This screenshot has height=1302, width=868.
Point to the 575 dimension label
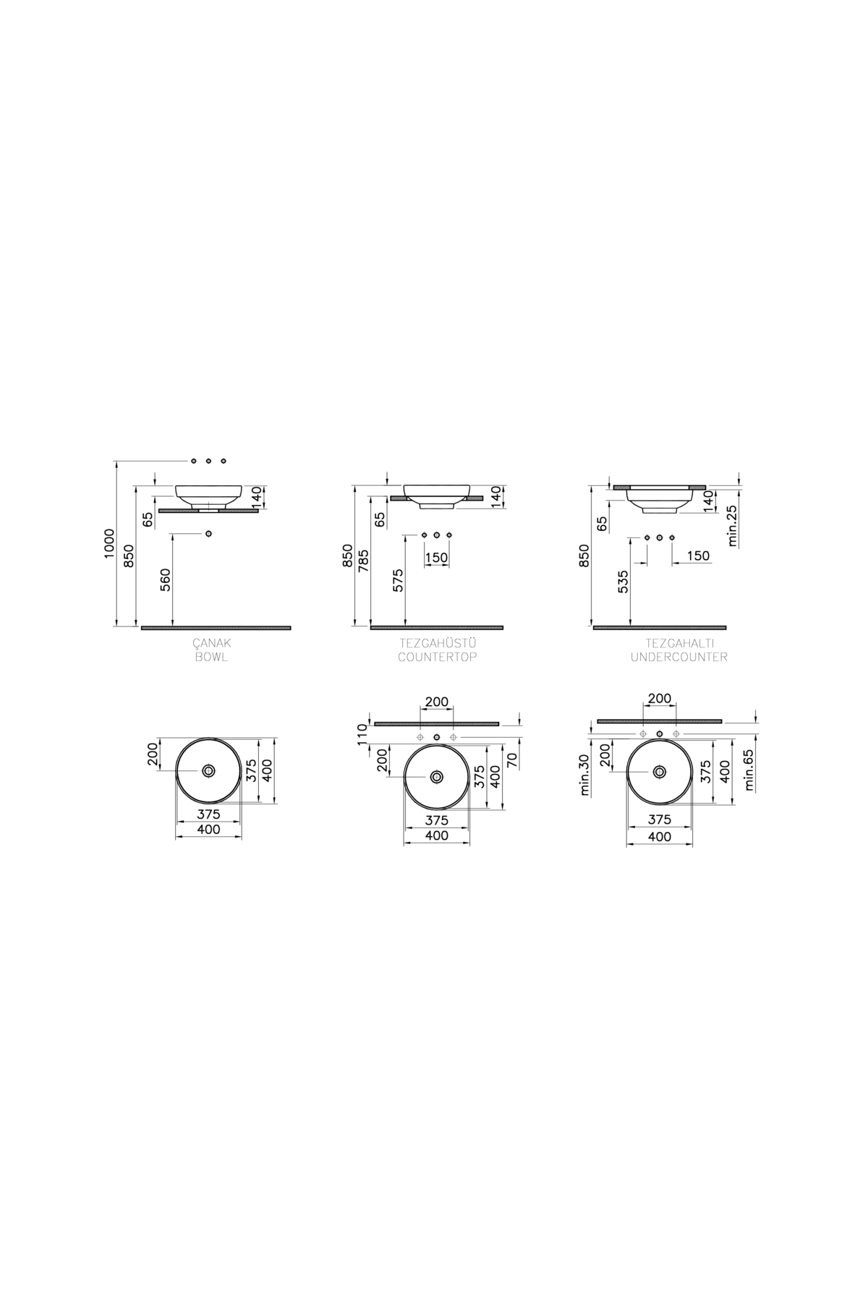[x=399, y=579]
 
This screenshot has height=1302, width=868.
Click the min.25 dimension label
[x=732, y=526]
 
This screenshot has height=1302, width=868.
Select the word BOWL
[x=210, y=658]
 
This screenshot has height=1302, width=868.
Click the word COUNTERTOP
[x=437, y=658]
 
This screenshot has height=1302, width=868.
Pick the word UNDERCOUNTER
[x=679, y=658]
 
